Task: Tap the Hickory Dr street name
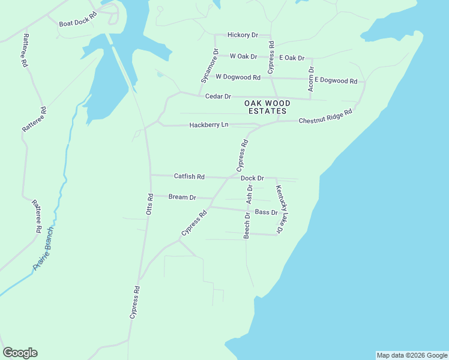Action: click(242, 35)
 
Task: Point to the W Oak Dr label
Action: click(243, 56)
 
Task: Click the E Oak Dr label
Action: click(292, 58)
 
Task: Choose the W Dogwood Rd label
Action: click(238, 77)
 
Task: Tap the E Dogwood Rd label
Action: click(336, 80)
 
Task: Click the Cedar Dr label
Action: click(218, 96)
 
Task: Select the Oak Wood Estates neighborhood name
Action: click(266, 107)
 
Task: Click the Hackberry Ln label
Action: click(209, 125)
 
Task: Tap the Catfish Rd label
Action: click(189, 176)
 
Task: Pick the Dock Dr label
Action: click(252, 178)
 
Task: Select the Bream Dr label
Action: click(182, 197)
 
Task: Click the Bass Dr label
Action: click(267, 212)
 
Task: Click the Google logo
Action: click(20, 353)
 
